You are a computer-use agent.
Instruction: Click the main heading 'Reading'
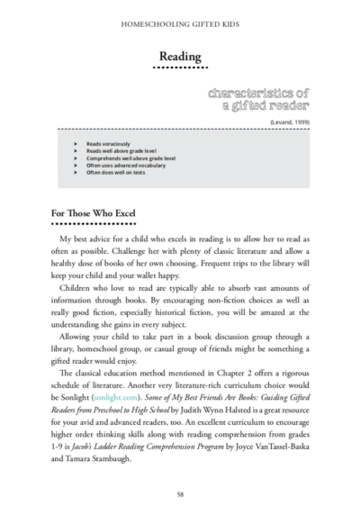click(179, 56)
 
